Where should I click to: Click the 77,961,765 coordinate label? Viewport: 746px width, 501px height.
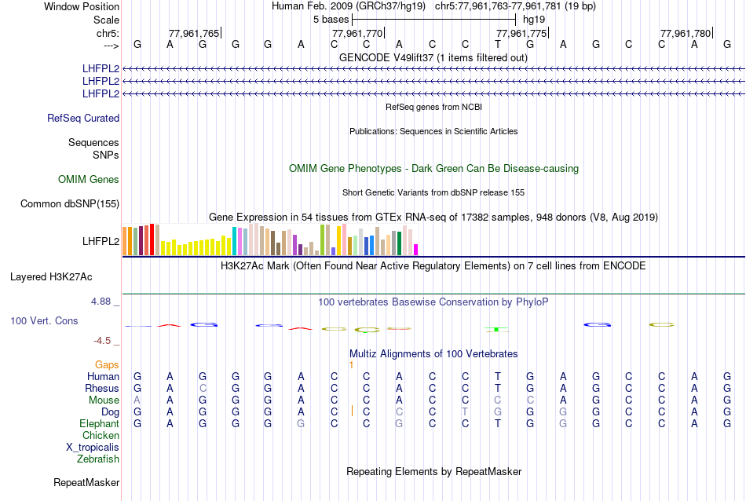pyautogui.click(x=194, y=33)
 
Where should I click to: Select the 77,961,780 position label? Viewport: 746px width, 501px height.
pyautogui.click(x=686, y=33)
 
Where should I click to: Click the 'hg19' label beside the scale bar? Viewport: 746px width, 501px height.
pyautogui.click(x=534, y=19)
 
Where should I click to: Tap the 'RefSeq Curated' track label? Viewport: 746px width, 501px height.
pyautogui.click(x=83, y=119)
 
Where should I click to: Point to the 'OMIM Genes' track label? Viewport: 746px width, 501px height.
pyautogui.click(x=89, y=180)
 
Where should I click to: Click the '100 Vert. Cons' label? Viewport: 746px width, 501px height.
pyautogui.click(x=44, y=321)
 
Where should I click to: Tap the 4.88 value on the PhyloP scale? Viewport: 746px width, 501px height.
pyautogui.click(x=104, y=302)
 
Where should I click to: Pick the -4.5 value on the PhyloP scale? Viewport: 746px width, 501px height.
pyautogui.click(x=104, y=341)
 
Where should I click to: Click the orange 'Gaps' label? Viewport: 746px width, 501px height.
pyautogui.click(x=107, y=365)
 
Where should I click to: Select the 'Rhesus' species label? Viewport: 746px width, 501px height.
pyautogui.click(x=102, y=389)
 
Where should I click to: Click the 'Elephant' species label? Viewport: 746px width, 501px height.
pyautogui.click(x=99, y=424)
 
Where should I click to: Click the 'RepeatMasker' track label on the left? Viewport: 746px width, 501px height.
pyautogui.click(x=86, y=482)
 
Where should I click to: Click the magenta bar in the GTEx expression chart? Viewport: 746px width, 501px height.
pyautogui.click(x=416, y=250)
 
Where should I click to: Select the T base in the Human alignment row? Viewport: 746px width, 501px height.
pyautogui.click(x=498, y=377)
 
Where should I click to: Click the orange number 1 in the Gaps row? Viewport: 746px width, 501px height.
pyautogui.click(x=352, y=365)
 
